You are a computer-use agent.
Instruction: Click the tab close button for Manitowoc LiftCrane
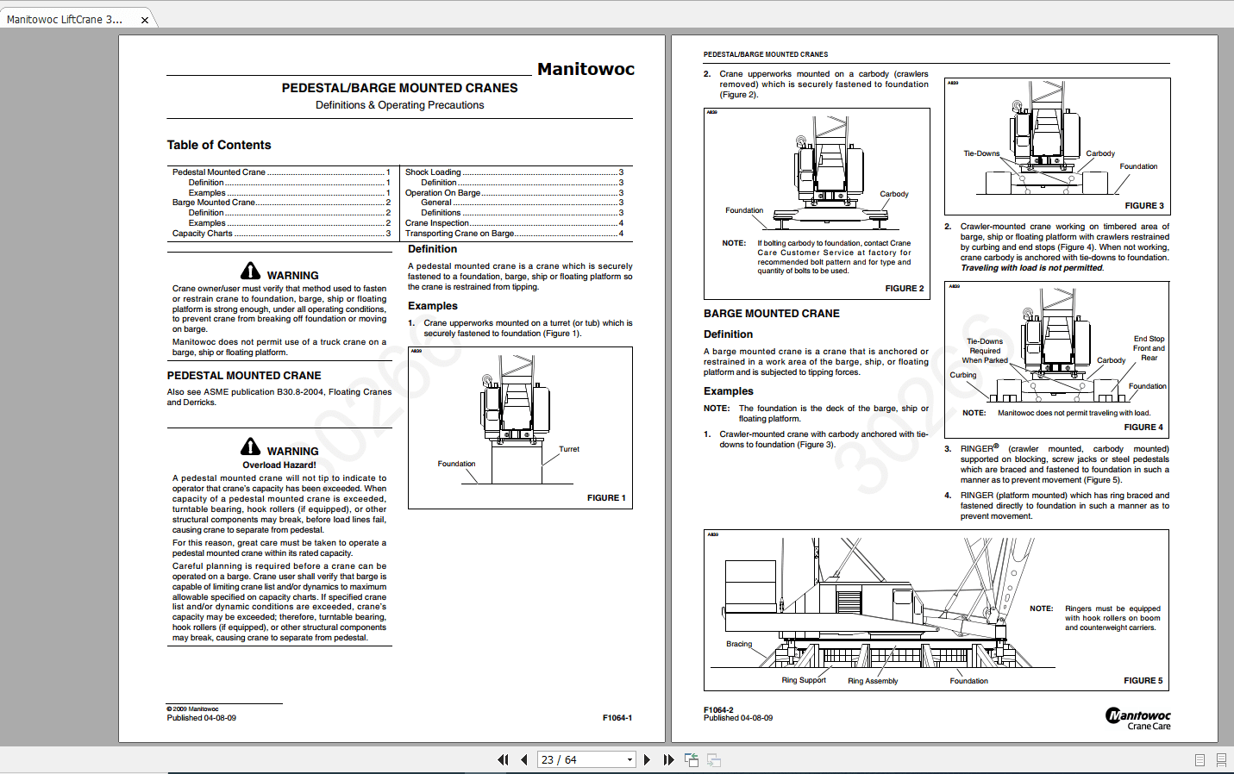click(144, 20)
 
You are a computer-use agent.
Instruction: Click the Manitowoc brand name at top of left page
click(586, 69)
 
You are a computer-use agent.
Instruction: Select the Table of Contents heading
click(219, 145)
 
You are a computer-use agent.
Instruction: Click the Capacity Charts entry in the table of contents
click(203, 234)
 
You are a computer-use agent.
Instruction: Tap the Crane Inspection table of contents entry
click(437, 223)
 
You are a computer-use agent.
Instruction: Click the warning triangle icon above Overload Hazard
click(251, 446)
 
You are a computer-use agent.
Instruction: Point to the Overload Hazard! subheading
click(279, 465)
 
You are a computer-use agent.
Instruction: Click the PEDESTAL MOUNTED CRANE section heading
click(244, 376)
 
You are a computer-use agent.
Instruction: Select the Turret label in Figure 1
click(568, 449)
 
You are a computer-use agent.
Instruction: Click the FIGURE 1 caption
click(606, 498)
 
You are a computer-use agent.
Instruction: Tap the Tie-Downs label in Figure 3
click(981, 153)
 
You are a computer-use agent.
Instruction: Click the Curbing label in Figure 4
click(963, 375)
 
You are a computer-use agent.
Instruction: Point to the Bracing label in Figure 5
click(739, 644)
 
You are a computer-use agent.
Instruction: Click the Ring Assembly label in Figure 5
click(873, 681)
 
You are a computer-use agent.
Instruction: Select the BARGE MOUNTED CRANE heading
click(772, 314)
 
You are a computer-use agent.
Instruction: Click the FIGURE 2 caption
click(904, 289)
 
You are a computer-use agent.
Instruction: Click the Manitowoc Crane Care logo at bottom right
click(1138, 719)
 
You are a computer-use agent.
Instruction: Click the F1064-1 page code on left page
click(617, 718)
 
